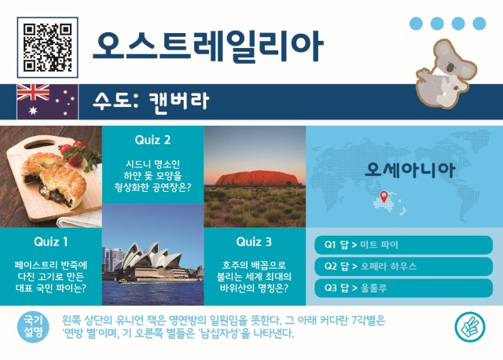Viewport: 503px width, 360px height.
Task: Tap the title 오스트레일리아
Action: (207, 46)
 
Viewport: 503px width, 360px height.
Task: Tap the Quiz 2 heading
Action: (152, 140)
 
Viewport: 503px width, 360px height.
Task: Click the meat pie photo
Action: (51, 175)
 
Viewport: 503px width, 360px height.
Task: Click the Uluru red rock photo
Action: (254, 175)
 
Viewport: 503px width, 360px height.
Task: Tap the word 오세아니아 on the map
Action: (405, 169)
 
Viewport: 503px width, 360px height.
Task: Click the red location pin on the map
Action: (383, 197)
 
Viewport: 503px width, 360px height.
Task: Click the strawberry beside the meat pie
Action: (75, 156)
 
